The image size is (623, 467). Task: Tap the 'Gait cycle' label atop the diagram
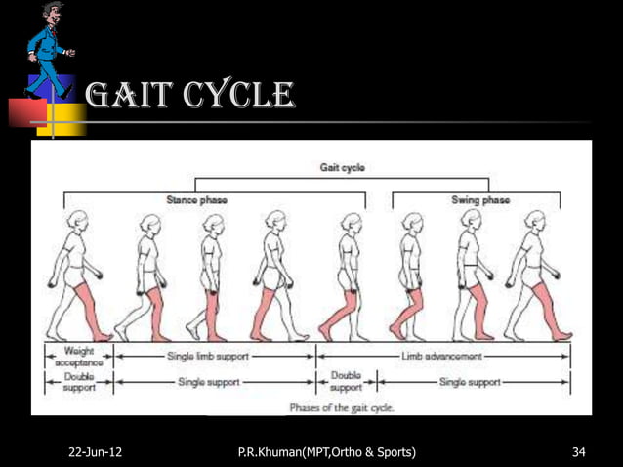point(343,168)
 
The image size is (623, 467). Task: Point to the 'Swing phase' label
point(479,200)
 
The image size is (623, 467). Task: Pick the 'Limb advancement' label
point(444,358)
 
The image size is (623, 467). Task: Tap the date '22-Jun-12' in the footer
point(96,452)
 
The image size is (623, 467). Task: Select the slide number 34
point(578,452)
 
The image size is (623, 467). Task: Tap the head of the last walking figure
point(533,221)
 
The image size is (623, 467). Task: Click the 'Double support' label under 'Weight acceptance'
point(79,382)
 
